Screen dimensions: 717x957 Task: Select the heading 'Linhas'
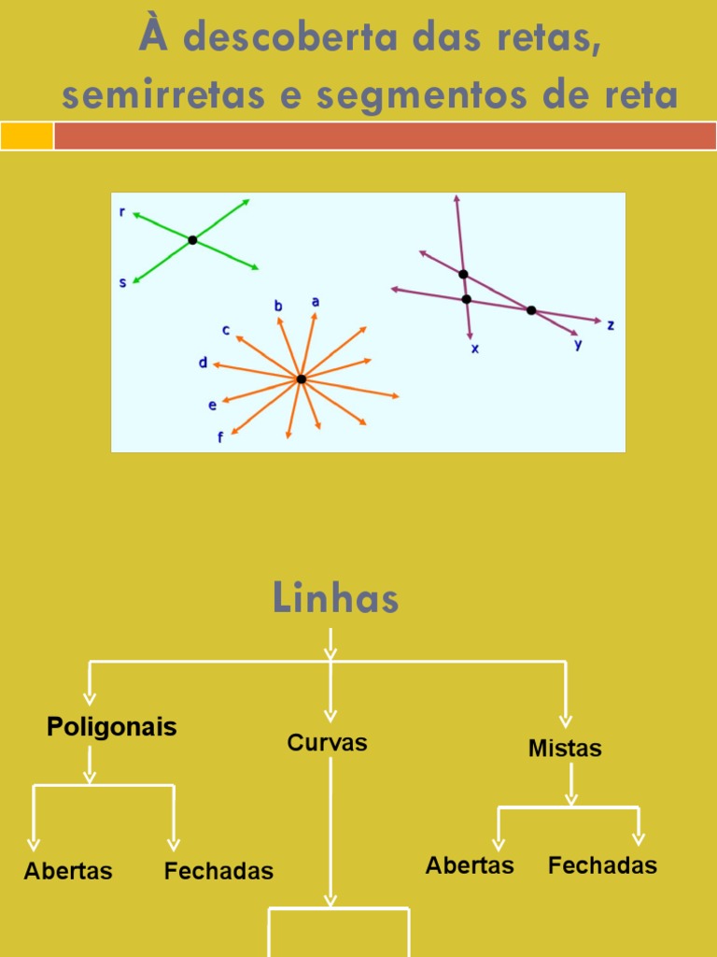pos(336,598)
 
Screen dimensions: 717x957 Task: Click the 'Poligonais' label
pos(112,727)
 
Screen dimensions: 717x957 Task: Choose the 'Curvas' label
pos(327,743)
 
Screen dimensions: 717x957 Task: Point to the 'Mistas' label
pos(565,749)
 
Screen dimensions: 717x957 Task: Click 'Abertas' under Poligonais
pos(68,871)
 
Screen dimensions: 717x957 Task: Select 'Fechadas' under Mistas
pos(602,865)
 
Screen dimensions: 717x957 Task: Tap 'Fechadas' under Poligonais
pos(218,871)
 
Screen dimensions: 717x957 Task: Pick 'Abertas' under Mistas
pos(470,865)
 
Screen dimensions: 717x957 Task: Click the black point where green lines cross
pos(192,240)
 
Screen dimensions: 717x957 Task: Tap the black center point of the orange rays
pos(301,379)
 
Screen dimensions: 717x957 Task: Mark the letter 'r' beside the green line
pos(122,212)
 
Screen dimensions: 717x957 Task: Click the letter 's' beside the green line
pos(122,281)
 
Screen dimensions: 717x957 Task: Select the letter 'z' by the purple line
pos(611,325)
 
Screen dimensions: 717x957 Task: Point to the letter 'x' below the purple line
pos(474,349)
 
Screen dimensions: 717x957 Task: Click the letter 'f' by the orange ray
pos(220,436)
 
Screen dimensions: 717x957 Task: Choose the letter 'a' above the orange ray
pos(316,302)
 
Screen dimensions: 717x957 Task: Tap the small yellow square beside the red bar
pos(26,136)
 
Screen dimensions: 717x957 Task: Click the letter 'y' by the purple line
pos(578,344)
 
